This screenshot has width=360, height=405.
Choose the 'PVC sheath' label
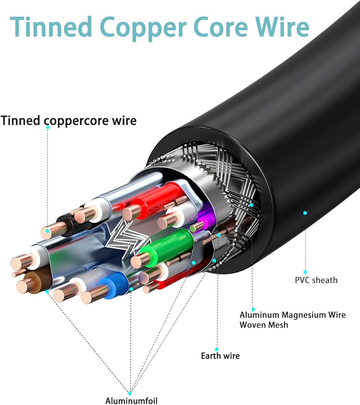pyautogui.click(x=316, y=280)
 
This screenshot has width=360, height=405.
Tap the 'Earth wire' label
pyautogui.click(x=220, y=356)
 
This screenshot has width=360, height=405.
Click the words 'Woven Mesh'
pyautogui.click(x=264, y=324)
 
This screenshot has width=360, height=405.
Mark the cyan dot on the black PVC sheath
pyautogui.click(x=305, y=213)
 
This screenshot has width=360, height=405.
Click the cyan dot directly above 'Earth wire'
pyautogui.click(x=217, y=349)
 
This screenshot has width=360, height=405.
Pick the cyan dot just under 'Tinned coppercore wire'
pyautogui.click(x=48, y=127)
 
